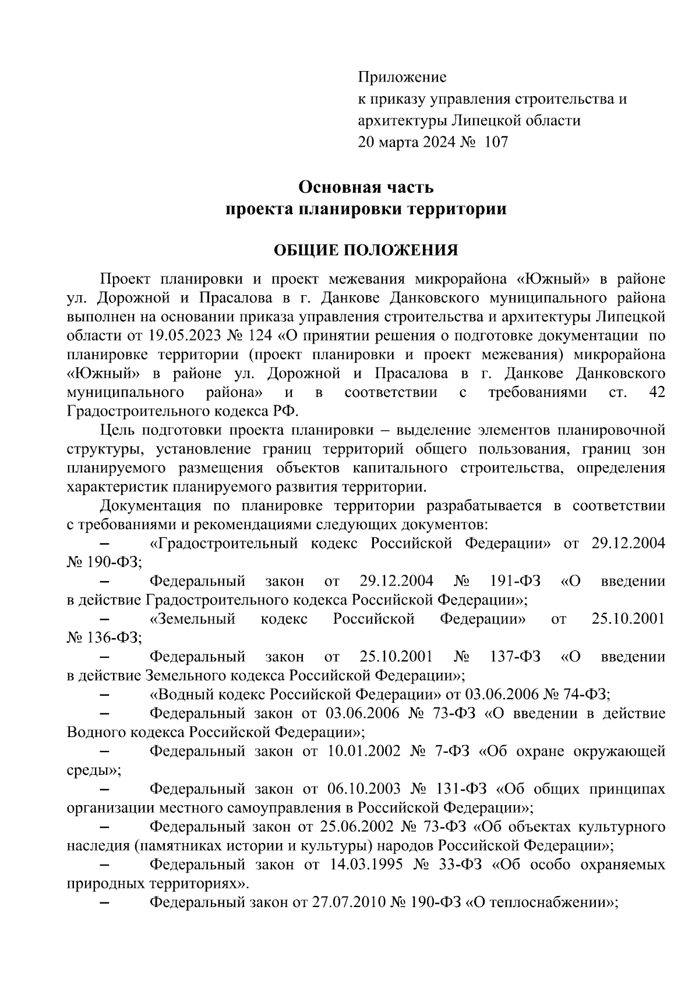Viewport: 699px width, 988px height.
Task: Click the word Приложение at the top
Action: click(x=401, y=77)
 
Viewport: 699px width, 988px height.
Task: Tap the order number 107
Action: click(x=496, y=142)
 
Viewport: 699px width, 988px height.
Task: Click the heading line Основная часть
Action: click(x=366, y=187)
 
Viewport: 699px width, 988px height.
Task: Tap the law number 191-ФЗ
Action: click(x=515, y=581)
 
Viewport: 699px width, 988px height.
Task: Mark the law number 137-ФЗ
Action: click(x=515, y=657)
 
